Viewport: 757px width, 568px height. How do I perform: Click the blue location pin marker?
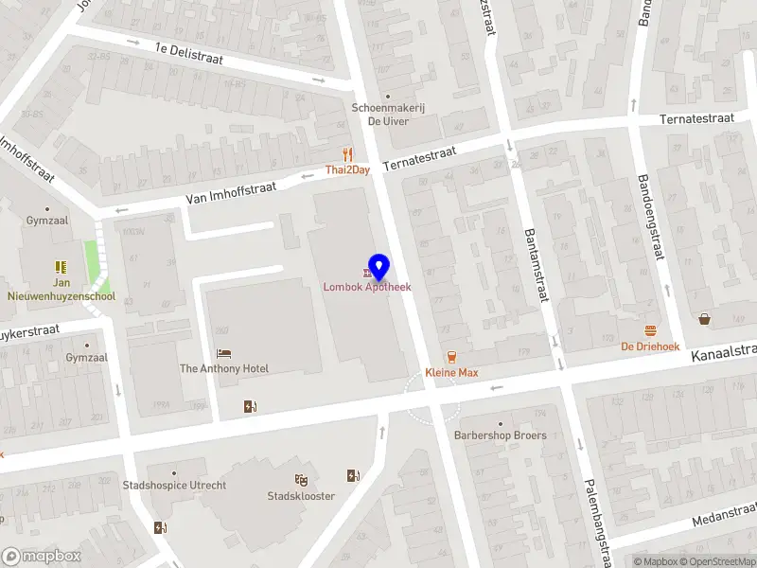(378, 267)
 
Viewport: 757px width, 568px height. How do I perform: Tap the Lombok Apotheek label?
(367, 287)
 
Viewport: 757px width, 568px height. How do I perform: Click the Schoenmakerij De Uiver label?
(388, 115)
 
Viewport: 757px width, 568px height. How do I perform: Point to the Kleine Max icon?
(451, 357)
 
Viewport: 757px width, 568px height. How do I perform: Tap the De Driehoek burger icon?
(651, 330)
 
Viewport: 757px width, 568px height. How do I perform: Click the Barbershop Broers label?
(500, 435)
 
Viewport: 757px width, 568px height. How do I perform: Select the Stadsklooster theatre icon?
(301, 480)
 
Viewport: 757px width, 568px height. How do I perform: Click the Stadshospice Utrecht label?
(175, 486)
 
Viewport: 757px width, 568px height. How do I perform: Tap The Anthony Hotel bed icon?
(224, 353)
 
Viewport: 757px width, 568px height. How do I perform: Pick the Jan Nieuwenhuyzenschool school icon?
(61, 267)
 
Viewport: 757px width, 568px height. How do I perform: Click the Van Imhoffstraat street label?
(231, 193)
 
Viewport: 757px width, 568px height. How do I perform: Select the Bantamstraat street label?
(537, 266)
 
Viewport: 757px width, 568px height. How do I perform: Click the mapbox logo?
(42, 556)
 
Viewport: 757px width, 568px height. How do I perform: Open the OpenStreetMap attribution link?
(714, 561)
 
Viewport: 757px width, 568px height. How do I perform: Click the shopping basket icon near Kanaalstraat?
(705, 319)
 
